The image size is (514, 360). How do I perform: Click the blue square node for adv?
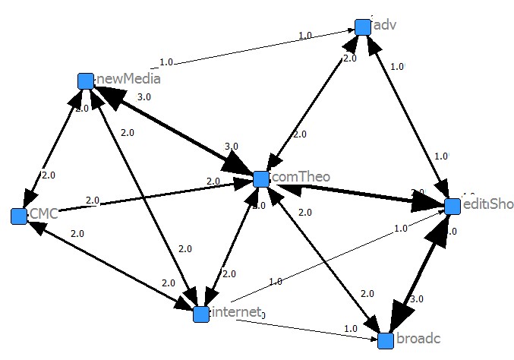click(x=363, y=27)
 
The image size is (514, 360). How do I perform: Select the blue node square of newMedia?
click(x=86, y=81)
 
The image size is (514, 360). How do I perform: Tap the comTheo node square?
click(x=261, y=179)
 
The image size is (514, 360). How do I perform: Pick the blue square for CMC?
click(x=19, y=216)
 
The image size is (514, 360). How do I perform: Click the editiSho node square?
click(x=453, y=206)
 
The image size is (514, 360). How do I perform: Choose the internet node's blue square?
click(x=200, y=314)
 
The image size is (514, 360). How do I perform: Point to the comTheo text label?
click(x=301, y=178)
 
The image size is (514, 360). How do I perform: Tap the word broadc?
click(x=418, y=339)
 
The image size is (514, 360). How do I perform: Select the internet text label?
click(x=236, y=312)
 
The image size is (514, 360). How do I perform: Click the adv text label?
click(x=386, y=25)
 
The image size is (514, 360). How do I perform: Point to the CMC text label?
click(x=43, y=215)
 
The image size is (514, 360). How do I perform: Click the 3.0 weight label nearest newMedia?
click(x=144, y=97)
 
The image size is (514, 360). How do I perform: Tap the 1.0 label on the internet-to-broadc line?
click(x=350, y=329)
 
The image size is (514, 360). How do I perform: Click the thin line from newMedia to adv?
click(x=228, y=52)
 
